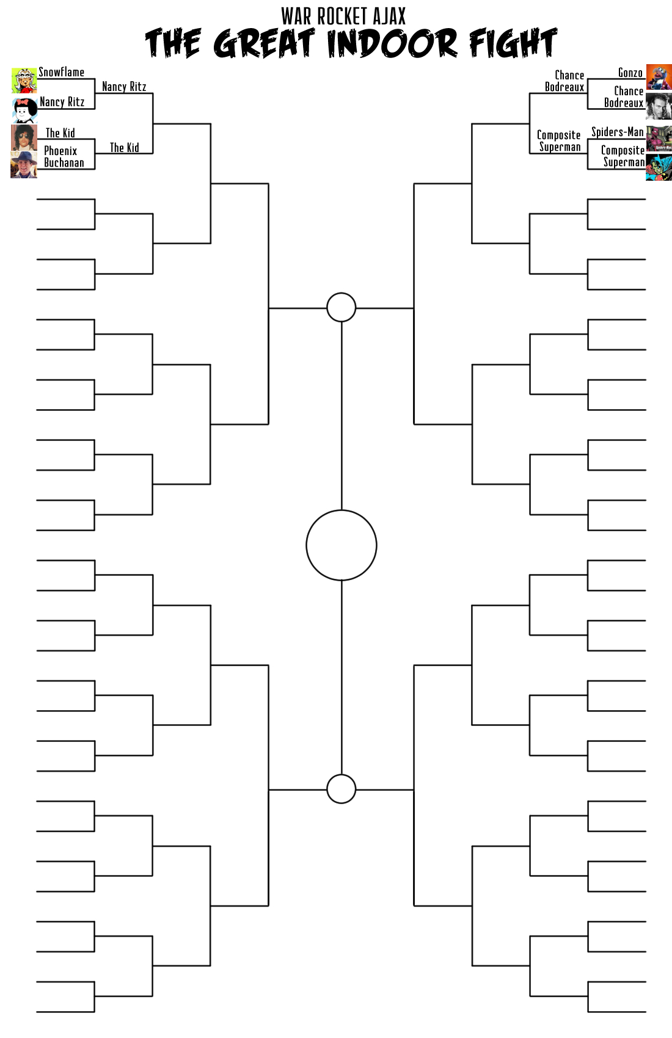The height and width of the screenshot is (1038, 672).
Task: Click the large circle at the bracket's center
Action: (x=341, y=545)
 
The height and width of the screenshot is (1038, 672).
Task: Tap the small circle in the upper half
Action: (x=341, y=307)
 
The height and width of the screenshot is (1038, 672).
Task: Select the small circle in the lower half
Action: (x=341, y=789)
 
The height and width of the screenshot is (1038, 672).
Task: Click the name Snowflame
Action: (x=62, y=72)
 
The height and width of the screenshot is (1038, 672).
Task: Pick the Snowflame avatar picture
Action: (x=24, y=81)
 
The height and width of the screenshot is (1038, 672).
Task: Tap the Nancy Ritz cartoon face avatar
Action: (x=24, y=111)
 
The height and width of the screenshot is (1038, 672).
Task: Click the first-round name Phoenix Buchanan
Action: (x=64, y=157)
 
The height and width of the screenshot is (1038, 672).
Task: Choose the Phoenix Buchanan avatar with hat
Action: (x=24, y=165)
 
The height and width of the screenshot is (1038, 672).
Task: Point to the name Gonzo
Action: (x=630, y=73)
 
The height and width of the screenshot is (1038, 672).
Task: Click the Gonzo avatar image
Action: (x=659, y=77)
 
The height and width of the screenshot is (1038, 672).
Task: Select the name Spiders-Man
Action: (x=617, y=132)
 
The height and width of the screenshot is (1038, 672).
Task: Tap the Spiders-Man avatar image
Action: (x=659, y=139)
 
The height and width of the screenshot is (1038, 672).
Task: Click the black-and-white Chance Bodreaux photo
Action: (x=659, y=106)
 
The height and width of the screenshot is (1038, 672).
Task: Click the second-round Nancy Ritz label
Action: (x=124, y=87)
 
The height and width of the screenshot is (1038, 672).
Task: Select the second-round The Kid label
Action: (x=124, y=148)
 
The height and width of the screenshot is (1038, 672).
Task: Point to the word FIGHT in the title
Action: (x=513, y=44)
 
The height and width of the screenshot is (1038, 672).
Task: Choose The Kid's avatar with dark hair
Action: (x=24, y=137)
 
